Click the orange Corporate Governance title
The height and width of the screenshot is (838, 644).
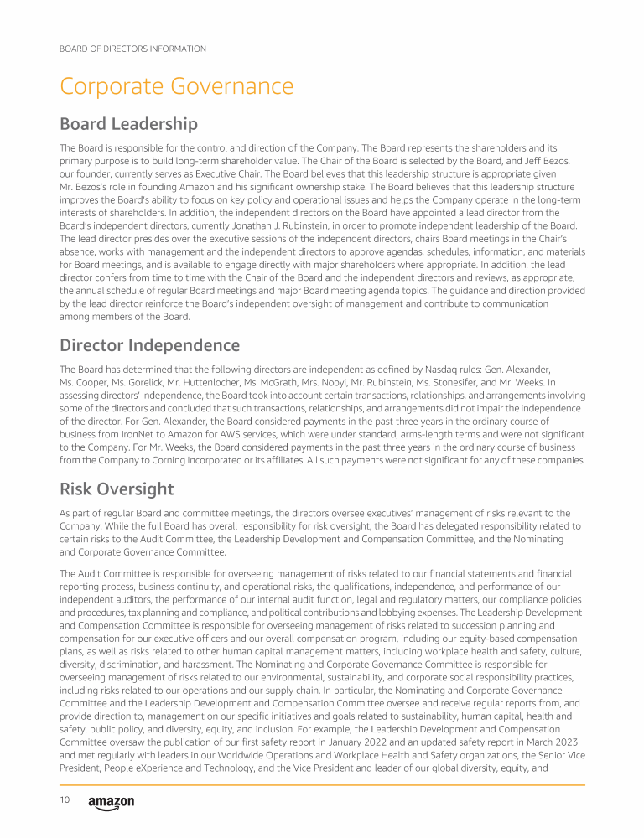[176, 86]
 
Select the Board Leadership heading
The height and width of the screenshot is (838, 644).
[128, 124]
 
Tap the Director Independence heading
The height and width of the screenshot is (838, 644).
[149, 345]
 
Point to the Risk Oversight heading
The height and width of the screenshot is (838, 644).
[117, 489]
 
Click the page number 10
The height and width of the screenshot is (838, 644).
[65, 800]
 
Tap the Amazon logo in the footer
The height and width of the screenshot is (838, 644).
[111, 803]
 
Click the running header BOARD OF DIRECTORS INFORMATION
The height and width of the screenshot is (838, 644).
[132, 49]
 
